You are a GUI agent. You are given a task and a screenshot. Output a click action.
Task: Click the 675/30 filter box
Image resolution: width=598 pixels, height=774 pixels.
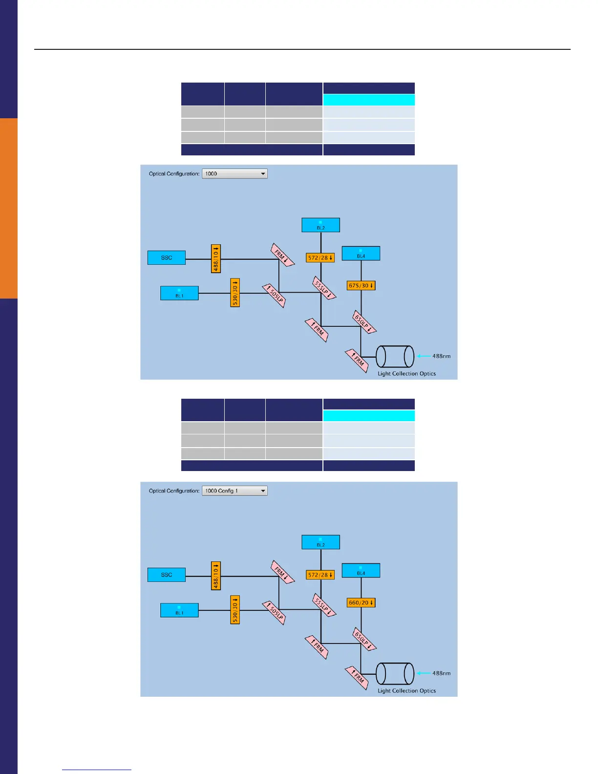[x=361, y=285]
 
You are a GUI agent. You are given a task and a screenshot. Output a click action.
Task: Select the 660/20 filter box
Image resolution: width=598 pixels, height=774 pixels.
[x=361, y=602]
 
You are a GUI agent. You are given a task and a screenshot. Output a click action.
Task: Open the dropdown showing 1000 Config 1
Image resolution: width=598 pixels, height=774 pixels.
[x=235, y=491]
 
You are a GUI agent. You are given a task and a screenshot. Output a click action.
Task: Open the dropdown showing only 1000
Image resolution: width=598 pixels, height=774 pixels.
[x=235, y=173]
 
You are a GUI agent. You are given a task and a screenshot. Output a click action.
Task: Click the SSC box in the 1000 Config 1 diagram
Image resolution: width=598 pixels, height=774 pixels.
[x=167, y=575]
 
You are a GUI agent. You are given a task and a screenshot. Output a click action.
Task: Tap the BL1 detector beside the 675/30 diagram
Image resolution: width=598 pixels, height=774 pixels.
[x=179, y=293]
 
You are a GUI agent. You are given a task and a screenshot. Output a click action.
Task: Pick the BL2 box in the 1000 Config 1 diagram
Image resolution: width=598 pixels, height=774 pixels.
[x=320, y=542]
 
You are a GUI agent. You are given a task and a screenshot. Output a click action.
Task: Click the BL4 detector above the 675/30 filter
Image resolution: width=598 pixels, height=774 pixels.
[x=361, y=254]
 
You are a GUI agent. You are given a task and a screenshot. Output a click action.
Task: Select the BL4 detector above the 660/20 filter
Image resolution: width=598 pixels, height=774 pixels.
[x=361, y=571]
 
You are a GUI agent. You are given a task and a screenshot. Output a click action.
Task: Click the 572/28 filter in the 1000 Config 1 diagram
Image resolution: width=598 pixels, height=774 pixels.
[x=320, y=575]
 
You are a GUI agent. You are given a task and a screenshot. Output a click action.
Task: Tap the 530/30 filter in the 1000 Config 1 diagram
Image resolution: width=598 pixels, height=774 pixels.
[x=235, y=610]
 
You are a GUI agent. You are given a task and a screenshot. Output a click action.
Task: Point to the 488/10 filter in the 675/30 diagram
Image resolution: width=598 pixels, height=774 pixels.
[x=215, y=258]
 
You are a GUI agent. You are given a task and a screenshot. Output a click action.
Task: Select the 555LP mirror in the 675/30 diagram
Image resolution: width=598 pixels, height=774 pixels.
[x=324, y=288]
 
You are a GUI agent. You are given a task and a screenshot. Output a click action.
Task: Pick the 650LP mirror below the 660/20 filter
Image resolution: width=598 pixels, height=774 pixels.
[x=364, y=640]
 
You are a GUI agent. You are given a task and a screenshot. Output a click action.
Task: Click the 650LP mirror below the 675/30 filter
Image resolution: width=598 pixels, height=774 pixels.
[x=364, y=322]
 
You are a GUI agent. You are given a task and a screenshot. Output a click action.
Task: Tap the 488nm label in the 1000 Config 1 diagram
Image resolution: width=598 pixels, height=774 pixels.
[x=441, y=673]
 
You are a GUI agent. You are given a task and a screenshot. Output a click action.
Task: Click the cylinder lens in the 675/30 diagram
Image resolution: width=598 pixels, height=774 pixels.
[x=395, y=357]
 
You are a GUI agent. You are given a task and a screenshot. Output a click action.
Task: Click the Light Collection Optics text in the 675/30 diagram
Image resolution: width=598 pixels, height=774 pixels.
[x=406, y=374]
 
